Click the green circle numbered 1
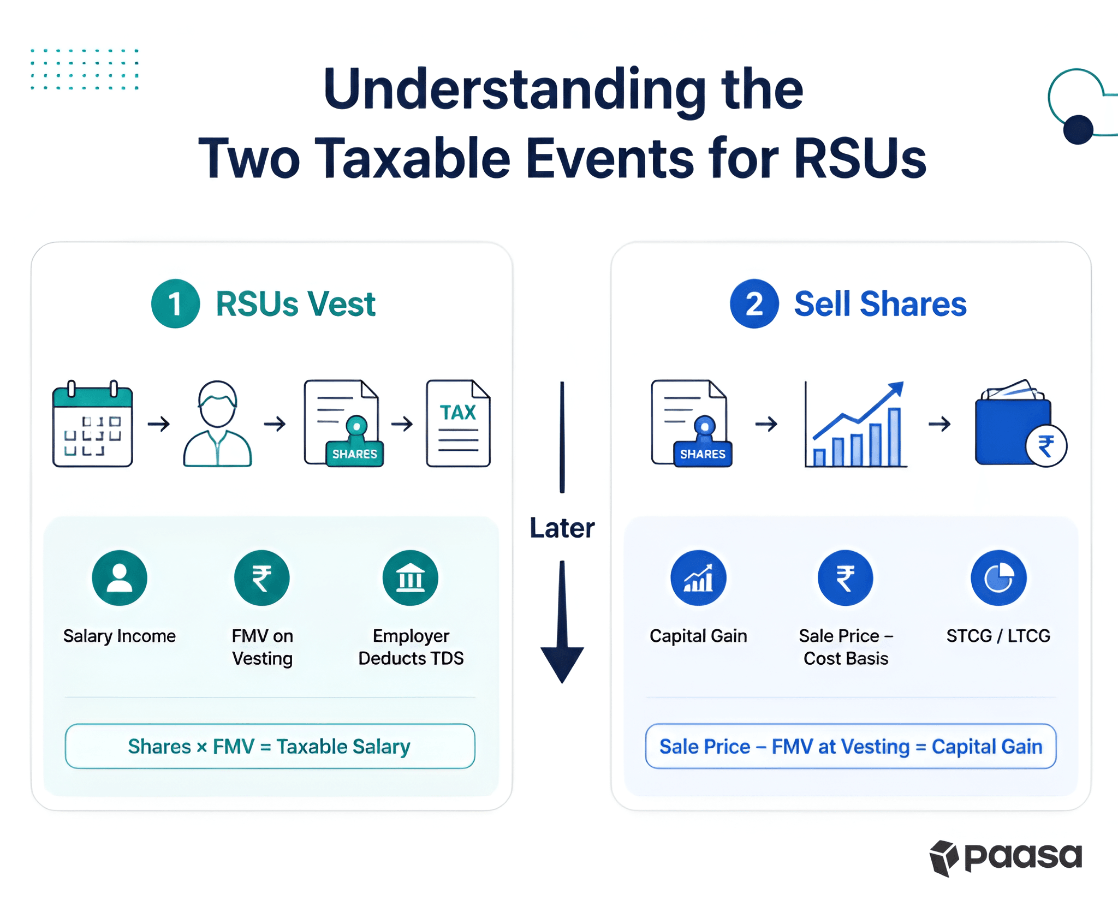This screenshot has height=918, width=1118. click(175, 303)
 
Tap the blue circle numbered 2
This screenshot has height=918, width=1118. click(754, 303)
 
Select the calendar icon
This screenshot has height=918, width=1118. click(92, 424)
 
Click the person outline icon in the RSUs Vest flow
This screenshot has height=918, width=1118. click(217, 424)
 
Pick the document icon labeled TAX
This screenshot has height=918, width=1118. click(458, 424)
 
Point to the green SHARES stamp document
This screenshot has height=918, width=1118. click(343, 424)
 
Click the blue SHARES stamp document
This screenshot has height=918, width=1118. click(691, 424)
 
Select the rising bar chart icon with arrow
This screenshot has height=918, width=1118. click(855, 424)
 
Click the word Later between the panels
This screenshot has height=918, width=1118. click(562, 528)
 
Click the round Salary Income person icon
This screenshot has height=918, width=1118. click(120, 578)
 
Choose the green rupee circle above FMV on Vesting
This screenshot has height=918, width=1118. click(262, 578)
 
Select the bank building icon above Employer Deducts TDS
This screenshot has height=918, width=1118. click(411, 578)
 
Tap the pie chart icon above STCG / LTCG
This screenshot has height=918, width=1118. click(998, 578)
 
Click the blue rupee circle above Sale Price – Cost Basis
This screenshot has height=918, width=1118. click(846, 578)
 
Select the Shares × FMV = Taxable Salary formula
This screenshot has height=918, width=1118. click(270, 746)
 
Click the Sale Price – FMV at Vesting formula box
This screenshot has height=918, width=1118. click(851, 746)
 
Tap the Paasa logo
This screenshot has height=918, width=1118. click(1006, 857)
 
